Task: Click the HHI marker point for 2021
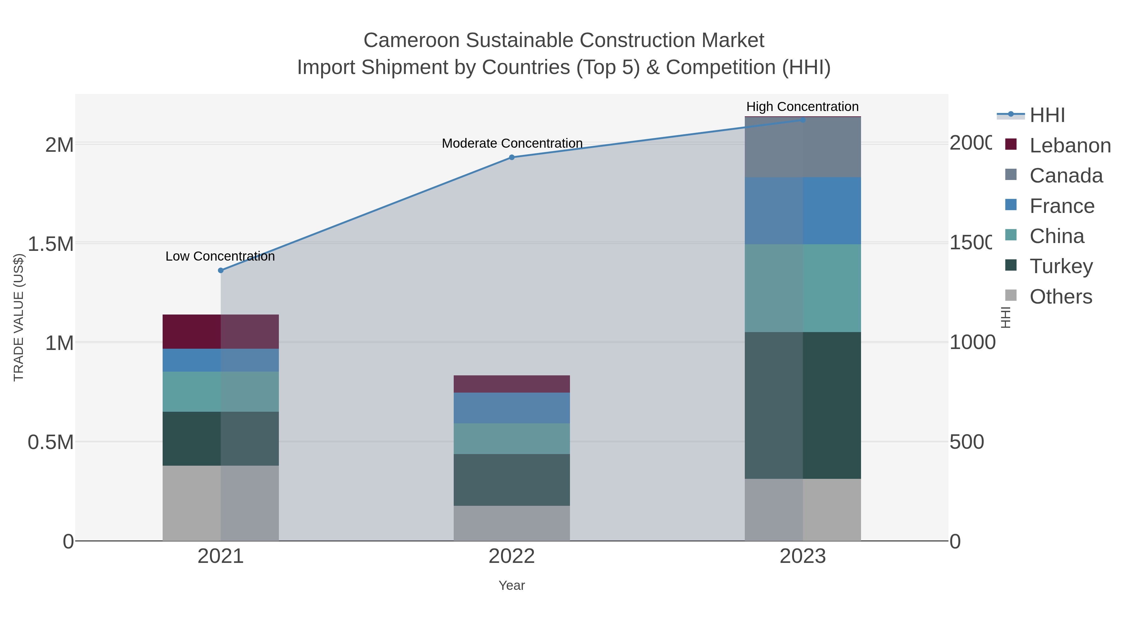221,270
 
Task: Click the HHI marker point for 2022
511,157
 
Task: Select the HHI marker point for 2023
803,120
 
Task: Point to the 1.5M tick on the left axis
51,244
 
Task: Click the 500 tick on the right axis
966,442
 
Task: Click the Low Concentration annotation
220,257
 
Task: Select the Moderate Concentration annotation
512,143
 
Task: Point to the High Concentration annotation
802,107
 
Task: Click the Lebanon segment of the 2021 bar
221,332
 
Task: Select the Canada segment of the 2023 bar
803,147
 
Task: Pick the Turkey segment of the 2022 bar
511,480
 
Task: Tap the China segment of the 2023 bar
803,288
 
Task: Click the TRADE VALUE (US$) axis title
18,317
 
